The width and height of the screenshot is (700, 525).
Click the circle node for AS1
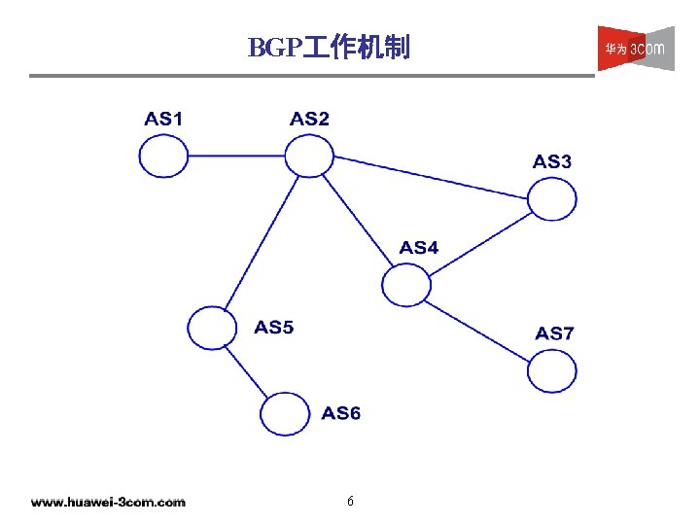[163, 156]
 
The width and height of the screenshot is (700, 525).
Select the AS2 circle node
[309, 155]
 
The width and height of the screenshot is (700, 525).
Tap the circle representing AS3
[552, 199]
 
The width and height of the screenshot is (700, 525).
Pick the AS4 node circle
[405, 284]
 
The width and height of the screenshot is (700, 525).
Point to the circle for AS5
[212, 328]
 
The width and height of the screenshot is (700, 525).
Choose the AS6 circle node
[285, 413]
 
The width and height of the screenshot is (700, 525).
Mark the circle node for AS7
[552, 370]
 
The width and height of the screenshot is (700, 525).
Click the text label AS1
[163, 120]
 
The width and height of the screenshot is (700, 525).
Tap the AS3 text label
[552, 162]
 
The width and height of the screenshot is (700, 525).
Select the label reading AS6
[341, 413]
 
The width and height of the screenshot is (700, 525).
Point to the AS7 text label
[554, 333]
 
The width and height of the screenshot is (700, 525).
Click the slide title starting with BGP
[329, 47]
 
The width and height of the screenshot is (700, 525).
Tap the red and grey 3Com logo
[635, 48]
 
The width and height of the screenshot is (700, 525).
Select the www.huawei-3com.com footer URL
[108, 503]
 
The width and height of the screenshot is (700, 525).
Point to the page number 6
[350, 502]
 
